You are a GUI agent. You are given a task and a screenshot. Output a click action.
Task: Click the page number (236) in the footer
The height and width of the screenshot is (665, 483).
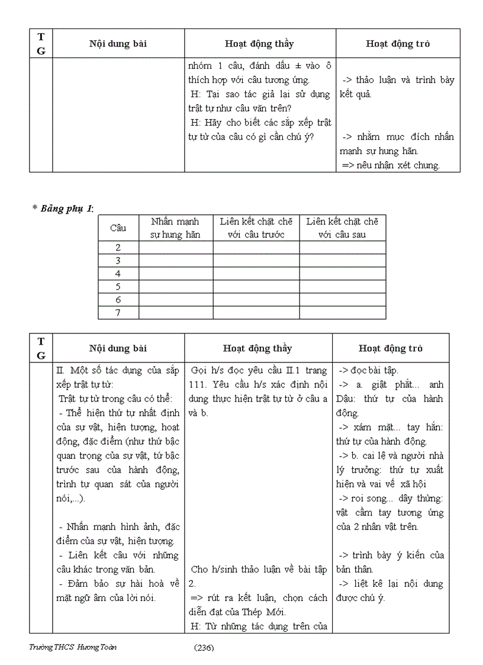click(204, 647)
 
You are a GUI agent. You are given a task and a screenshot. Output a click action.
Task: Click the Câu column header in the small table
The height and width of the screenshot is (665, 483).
click(118, 228)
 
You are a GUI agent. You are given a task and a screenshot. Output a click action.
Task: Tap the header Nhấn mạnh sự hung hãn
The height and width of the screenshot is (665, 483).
click(175, 228)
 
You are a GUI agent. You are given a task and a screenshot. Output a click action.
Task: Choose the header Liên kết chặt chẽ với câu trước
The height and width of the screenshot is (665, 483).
click(256, 228)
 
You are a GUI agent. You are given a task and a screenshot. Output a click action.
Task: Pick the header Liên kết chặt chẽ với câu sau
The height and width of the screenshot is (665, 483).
click(342, 228)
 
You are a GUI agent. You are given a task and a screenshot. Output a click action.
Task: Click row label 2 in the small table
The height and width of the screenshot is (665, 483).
click(118, 248)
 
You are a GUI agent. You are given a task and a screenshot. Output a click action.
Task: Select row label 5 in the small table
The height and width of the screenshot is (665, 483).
click(118, 287)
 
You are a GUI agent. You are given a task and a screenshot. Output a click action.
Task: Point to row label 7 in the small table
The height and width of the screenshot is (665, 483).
click(118, 313)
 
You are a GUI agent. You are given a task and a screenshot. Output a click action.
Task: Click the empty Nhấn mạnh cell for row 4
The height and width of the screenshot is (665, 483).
click(175, 274)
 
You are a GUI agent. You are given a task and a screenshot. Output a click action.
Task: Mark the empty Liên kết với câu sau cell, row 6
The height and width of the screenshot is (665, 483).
click(342, 300)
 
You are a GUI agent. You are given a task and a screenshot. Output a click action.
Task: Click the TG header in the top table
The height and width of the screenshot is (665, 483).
click(41, 44)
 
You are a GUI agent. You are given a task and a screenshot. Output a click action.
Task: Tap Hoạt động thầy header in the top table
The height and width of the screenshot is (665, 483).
click(259, 44)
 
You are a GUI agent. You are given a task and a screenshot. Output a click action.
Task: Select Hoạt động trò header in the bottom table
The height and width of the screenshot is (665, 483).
click(391, 349)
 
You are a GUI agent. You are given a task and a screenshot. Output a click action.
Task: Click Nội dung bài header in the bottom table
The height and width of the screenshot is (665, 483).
click(118, 349)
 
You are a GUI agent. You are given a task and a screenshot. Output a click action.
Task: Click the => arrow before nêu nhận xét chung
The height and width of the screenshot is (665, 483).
click(347, 165)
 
